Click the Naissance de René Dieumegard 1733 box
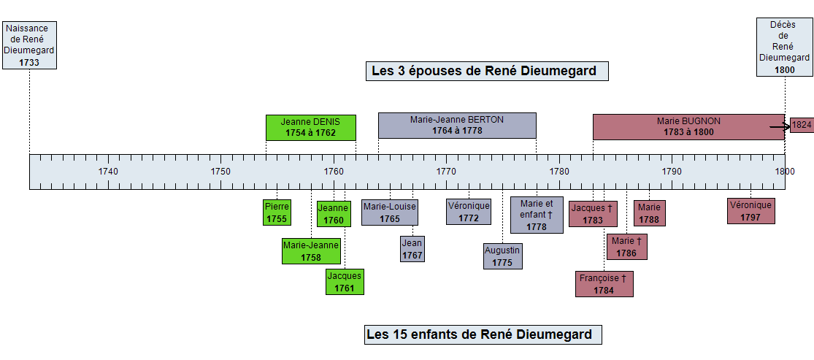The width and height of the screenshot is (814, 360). (x=29, y=45)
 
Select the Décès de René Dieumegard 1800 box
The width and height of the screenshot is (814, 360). (x=784, y=47)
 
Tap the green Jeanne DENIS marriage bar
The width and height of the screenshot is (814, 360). (x=311, y=127)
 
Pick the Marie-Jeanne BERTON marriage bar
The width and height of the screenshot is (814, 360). (x=457, y=125)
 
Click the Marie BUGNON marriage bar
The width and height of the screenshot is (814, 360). (x=688, y=127)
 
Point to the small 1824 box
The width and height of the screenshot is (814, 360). (x=802, y=125)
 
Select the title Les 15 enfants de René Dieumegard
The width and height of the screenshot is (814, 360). (x=483, y=334)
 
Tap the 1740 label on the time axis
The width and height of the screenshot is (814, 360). (x=108, y=172)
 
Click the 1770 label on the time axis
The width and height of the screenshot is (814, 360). (x=446, y=172)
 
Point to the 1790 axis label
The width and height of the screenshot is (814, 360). (x=672, y=172)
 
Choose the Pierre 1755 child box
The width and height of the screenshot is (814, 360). (x=277, y=212)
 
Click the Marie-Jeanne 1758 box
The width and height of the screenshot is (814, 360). (x=311, y=251)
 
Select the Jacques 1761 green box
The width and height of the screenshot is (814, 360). (x=345, y=282)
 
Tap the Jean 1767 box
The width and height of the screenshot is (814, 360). (x=412, y=249)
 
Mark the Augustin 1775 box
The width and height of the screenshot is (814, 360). (x=502, y=256)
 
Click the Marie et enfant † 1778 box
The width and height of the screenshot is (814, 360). (x=537, y=215)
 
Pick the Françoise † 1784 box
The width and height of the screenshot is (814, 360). (x=604, y=284)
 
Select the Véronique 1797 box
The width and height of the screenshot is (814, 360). (x=750, y=211)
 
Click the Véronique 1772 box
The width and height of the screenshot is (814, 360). (x=469, y=212)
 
